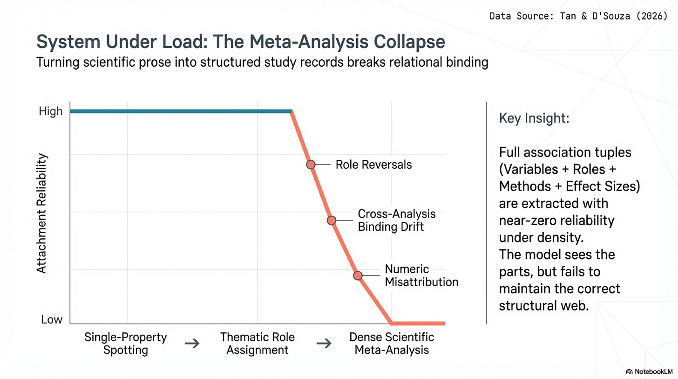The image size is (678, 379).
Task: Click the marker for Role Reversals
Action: pos(311,164)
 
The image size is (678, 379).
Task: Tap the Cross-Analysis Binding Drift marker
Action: pos(331,220)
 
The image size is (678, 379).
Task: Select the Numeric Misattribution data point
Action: pos(358,275)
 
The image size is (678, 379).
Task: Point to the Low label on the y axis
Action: pos(52,320)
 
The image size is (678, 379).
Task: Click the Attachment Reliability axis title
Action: pos(42,213)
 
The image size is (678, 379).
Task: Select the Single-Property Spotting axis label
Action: pos(126,344)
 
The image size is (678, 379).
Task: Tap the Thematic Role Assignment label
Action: pos(258,344)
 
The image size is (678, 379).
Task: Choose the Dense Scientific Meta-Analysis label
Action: pos(392,344)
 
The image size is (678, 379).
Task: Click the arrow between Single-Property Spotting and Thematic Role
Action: pos(192,344)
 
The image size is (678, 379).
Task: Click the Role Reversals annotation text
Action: pos(373,165)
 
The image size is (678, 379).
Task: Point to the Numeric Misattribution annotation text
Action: pos(421,276)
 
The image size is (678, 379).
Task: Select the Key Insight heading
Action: pos(534,118)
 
